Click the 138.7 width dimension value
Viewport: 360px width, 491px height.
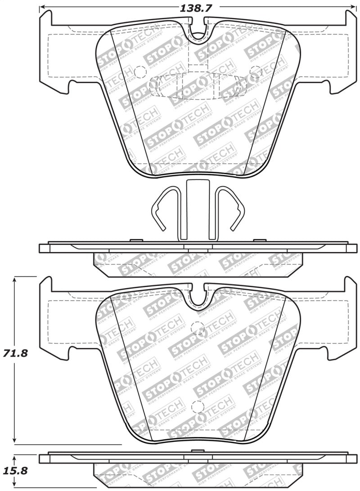click(x=196, y=7)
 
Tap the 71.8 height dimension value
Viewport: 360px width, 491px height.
click(x=16, y=353)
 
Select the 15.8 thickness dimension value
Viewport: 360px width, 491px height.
click(x=16, y=471)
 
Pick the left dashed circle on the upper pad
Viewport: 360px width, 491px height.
click(x=140, y=72)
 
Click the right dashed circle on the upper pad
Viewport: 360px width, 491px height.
click(x=255, y=72)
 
